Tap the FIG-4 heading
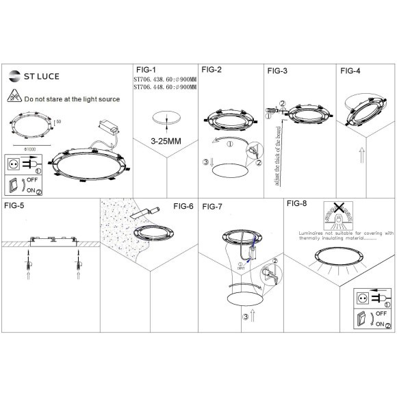[x=350, y=70]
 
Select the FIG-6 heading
[x=183, y=205]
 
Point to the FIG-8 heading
[x=296, y=203]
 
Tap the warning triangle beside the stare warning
[x=16, y=97]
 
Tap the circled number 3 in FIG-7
[x=245, y=318]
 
